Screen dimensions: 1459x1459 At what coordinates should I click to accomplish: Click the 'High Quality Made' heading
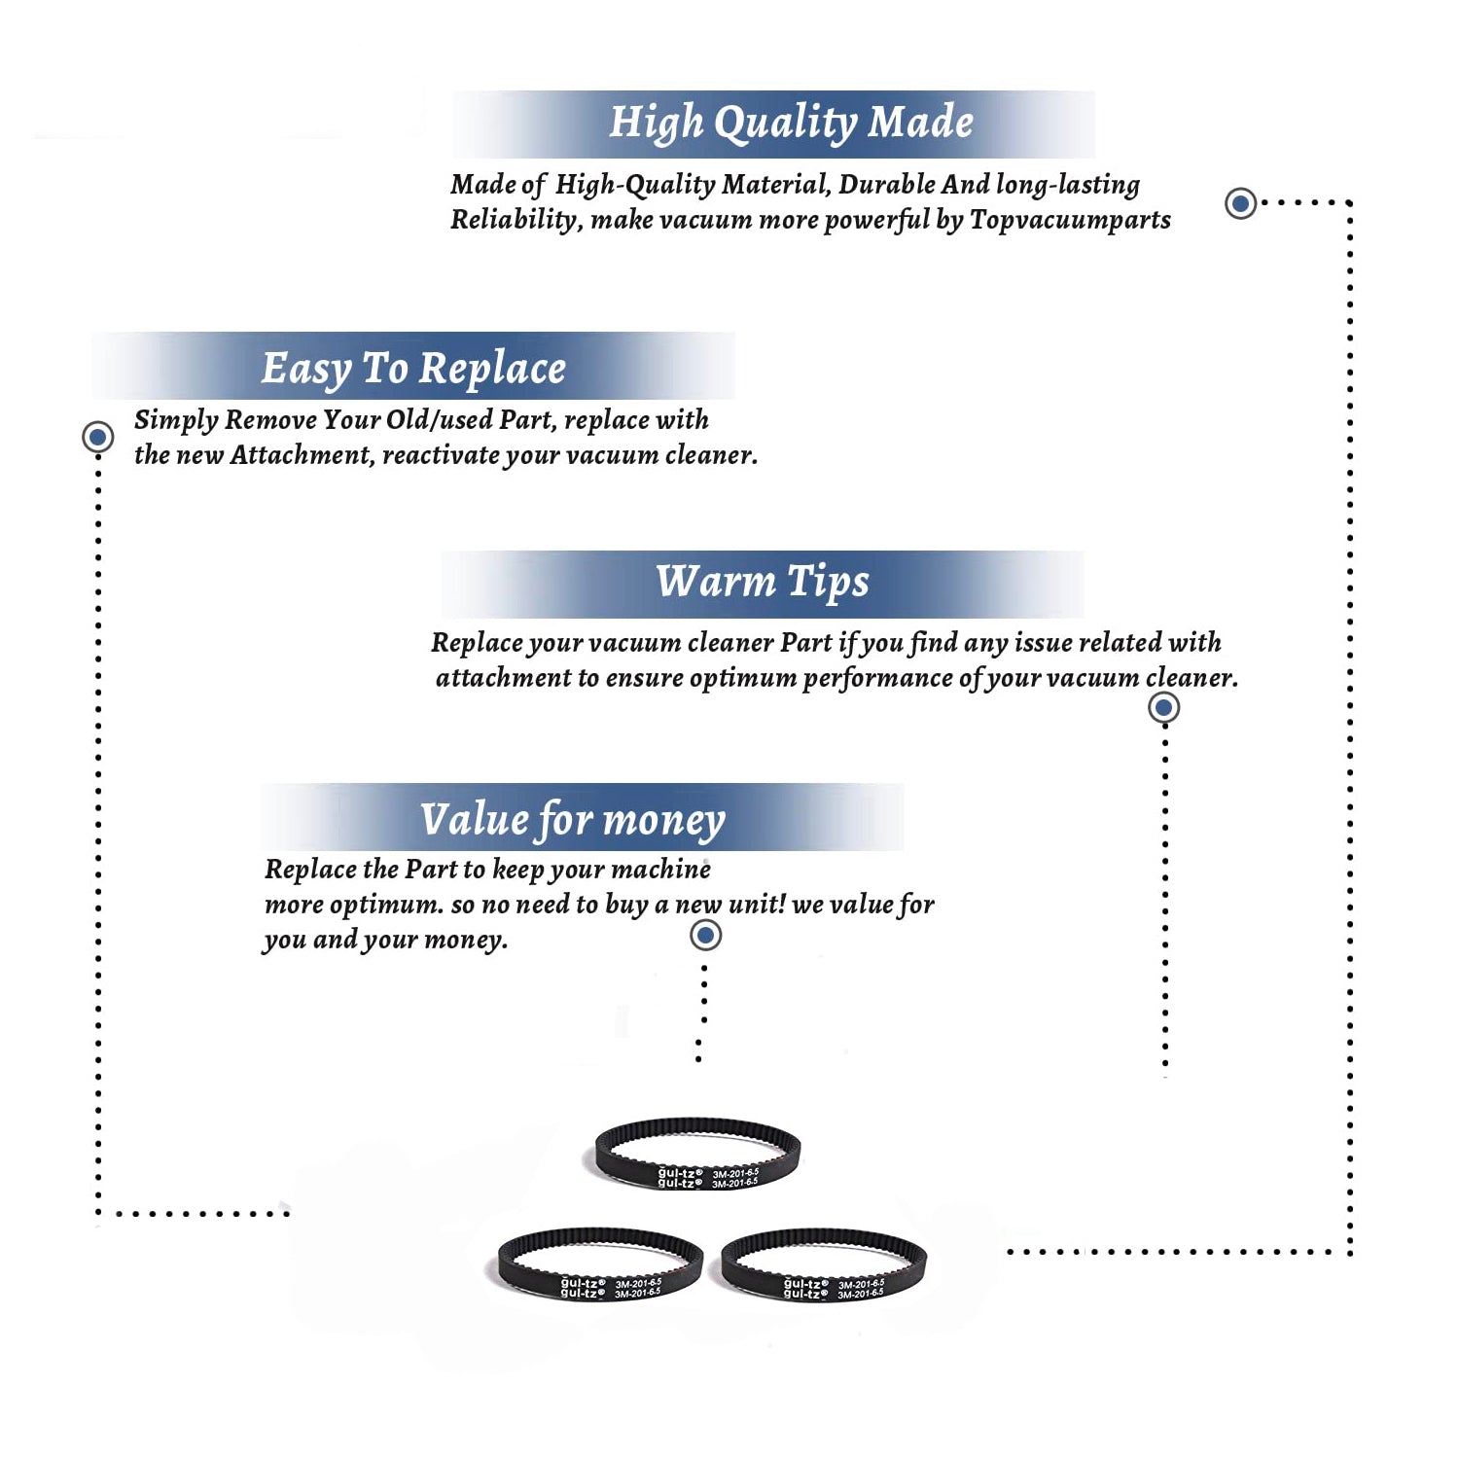791,124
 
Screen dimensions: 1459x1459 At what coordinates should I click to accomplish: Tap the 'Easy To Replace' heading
413,370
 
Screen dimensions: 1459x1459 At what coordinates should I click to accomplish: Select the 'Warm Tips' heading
763,583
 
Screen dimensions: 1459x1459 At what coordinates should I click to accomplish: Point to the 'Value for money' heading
573,820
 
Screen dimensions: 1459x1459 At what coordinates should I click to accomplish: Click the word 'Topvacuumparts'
1070,221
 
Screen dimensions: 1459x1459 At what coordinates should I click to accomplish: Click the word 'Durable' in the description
887,184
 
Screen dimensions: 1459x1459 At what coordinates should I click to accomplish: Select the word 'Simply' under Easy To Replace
176,421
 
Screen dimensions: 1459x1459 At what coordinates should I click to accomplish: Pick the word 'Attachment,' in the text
302,455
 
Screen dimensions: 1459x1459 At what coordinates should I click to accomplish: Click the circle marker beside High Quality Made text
1240,203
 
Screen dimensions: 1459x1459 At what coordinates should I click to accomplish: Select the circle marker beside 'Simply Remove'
97,437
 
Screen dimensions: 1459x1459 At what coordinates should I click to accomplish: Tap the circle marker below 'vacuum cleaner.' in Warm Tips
1164,707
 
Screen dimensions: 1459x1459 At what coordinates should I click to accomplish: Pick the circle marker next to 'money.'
705,936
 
